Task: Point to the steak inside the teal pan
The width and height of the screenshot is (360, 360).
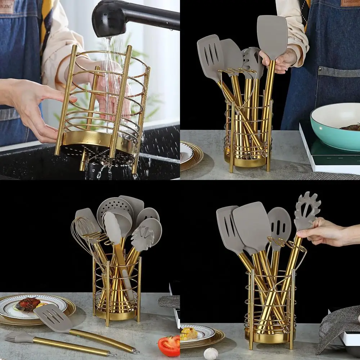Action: pyautogui.click(x=351, y=127)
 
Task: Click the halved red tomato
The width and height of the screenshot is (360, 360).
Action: pyautogui.click(x=169, y=346)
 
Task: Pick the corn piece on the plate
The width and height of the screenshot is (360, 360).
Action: pyautogui.click(x=189, y=333)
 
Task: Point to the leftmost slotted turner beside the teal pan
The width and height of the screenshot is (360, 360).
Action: pyautogui.click(x=211, y=58)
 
